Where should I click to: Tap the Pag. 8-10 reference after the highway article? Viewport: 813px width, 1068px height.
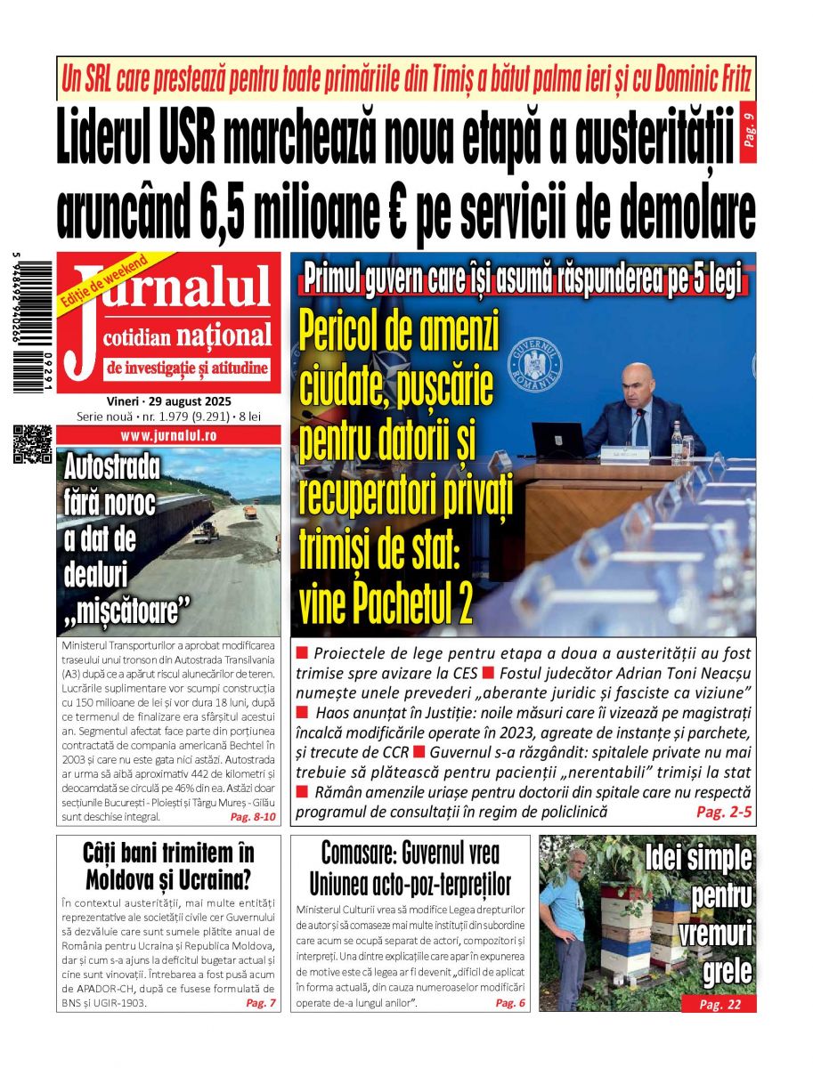click(x=253, y=816)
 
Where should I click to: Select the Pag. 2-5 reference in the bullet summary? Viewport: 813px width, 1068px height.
click(x=723, y=812)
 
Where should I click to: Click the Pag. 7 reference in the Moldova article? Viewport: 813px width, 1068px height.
click(x=261, y=1003)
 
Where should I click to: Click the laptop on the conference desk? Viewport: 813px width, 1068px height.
click(x=558, y=441)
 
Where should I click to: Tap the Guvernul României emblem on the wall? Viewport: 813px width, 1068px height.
click(x=534, y=362)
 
